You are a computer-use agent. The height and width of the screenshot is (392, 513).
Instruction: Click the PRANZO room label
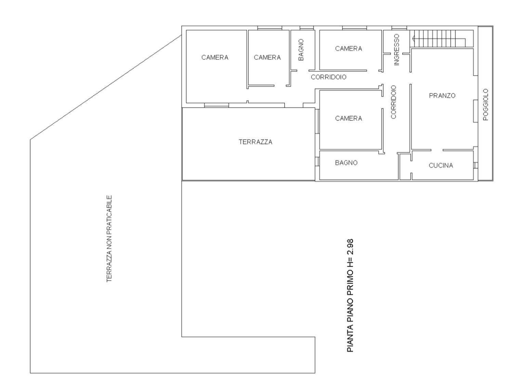(x=442, y=96)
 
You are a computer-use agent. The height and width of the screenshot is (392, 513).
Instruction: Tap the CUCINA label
(x=441, y=165)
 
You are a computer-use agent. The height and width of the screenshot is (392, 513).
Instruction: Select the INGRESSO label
(x=397, y=50)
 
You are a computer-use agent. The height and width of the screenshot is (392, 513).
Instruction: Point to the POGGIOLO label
(x=485, y=104)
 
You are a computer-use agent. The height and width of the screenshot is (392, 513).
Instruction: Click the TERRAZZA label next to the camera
(x=255, y=142)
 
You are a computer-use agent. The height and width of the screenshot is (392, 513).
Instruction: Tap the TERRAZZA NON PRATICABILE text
(x=109, y=239)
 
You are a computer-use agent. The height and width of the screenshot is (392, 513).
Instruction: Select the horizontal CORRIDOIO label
(x=328, y=77)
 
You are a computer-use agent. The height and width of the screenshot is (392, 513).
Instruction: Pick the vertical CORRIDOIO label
(x=394, y=102)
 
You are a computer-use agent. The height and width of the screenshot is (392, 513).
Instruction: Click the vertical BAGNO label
(x=301, y=50)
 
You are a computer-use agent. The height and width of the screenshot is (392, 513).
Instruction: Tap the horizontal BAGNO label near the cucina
(x=346, y=163)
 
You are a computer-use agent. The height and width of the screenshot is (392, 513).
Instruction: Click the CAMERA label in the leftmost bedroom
(x=215, y=57)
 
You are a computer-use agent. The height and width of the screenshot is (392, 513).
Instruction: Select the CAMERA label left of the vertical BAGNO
(x=267, y=57)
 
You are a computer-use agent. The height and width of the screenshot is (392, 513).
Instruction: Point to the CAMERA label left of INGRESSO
(x=348, y=48)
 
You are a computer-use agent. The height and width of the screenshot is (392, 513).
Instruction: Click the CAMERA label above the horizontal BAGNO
(x=348, y=118)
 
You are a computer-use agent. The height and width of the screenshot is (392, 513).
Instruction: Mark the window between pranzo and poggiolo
(x=476, y=111)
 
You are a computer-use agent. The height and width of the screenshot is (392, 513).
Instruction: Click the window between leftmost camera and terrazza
(x=216, y=105)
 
